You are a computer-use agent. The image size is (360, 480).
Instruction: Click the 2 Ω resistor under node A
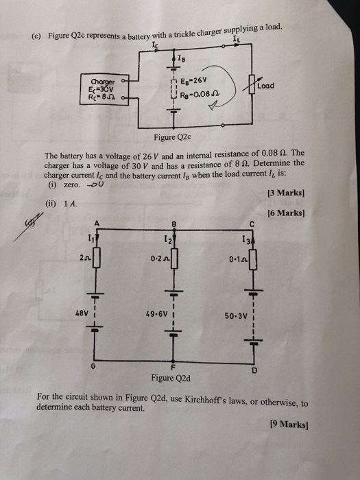pyautogui.click(x=96, y=257)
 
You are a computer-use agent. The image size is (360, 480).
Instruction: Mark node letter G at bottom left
pyautogui.click(x=94, y=368)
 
